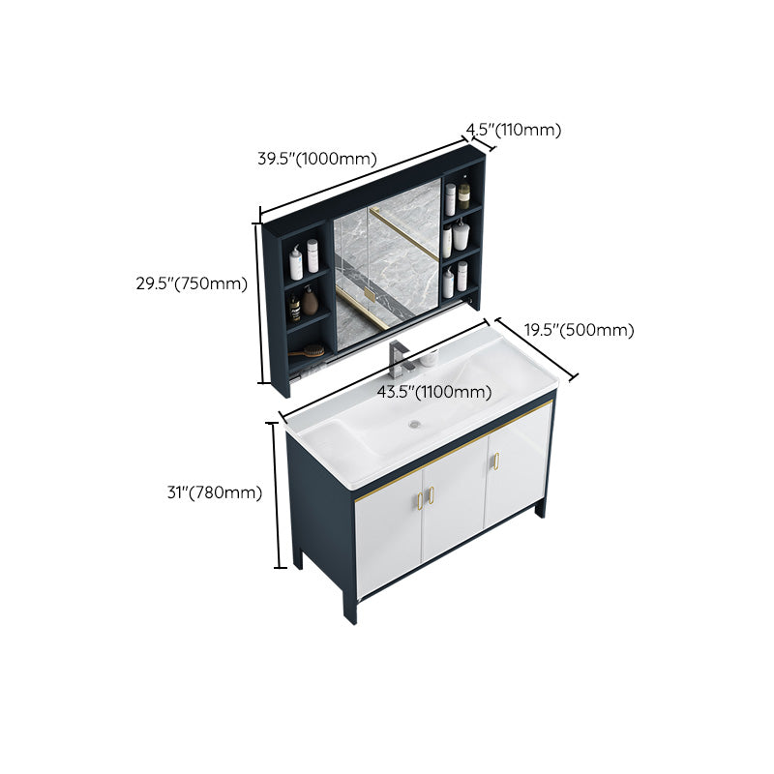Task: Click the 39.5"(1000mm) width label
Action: pos(317,160)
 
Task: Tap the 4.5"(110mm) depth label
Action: pos(514,130)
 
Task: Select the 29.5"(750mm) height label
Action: pos(192,283)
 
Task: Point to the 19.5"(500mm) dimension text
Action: pos(580,330)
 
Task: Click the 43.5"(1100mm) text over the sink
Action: pos(434,392)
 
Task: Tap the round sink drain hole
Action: pos(416,423)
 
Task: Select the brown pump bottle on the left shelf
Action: pos(310,302)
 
